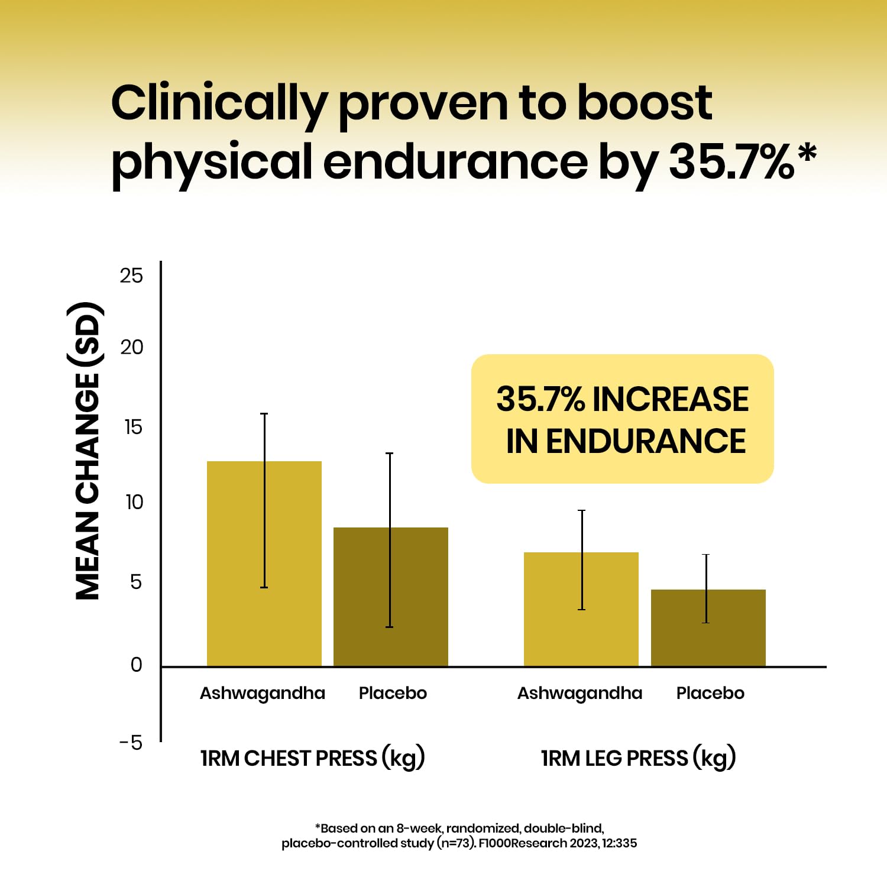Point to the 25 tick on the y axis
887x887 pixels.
click(x=131, y=276)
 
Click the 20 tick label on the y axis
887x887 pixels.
click(x=131, y=347)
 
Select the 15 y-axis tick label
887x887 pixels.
click(x=133, y=427)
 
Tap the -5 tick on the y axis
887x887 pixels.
click(x=131, y=743)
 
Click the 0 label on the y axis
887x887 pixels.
click(x=136, y=665)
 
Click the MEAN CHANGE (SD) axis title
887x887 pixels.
click(x=88, y=451)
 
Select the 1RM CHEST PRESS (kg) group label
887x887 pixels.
click(x=312, y=758)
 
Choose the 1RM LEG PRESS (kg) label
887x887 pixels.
click(x=638, y=758)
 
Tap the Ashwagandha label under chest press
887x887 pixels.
click(x=262, y=693)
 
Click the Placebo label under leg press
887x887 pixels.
click(x=710, y=693)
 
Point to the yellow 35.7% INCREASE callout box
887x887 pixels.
click(x=622, y=419)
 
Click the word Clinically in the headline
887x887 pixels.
click(x=218, y=104)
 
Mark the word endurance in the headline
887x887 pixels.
click(x=455, y=162)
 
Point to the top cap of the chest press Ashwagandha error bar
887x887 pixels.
click(x=264, y=414)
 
